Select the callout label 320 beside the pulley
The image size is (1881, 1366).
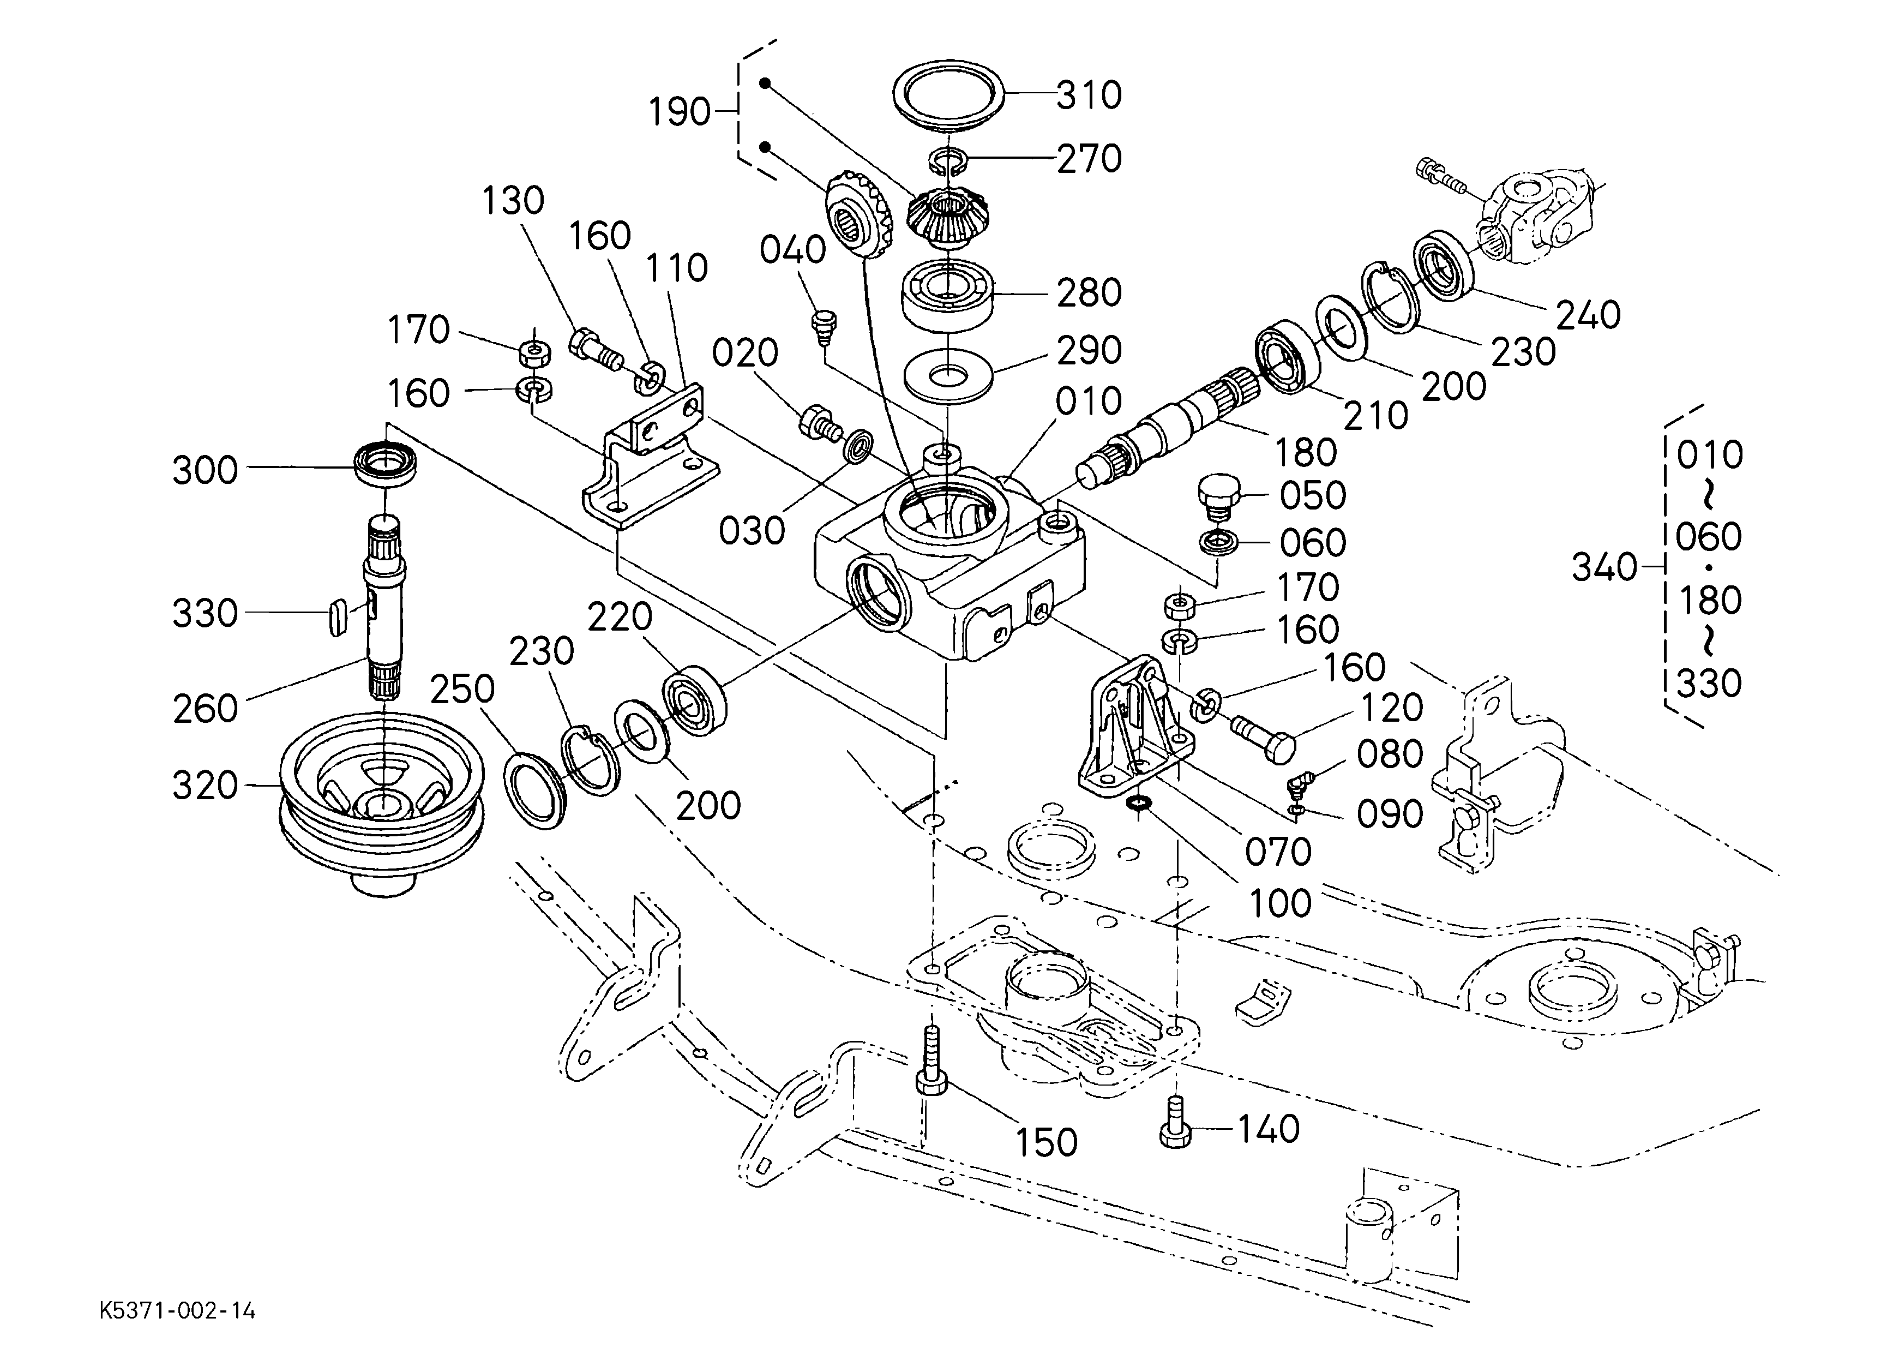[205, 786]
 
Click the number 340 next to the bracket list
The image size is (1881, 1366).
[1604, 567]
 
